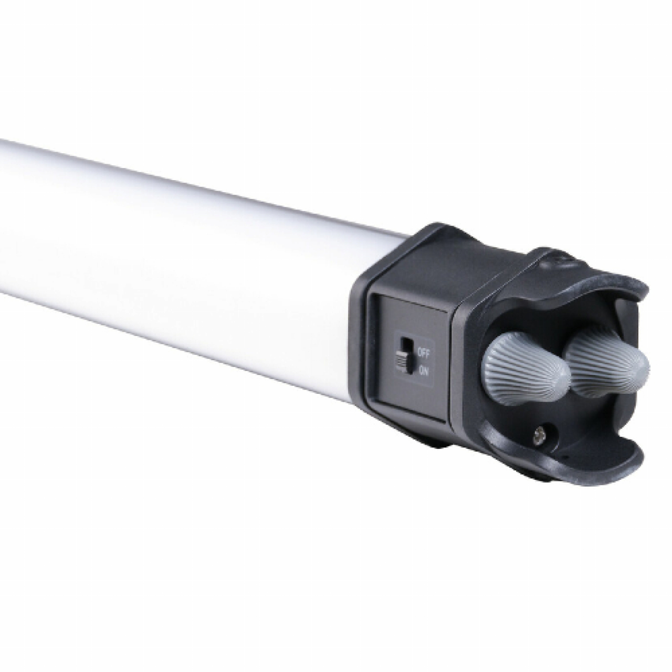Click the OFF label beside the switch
click(424, 353)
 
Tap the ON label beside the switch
click(424, 371)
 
